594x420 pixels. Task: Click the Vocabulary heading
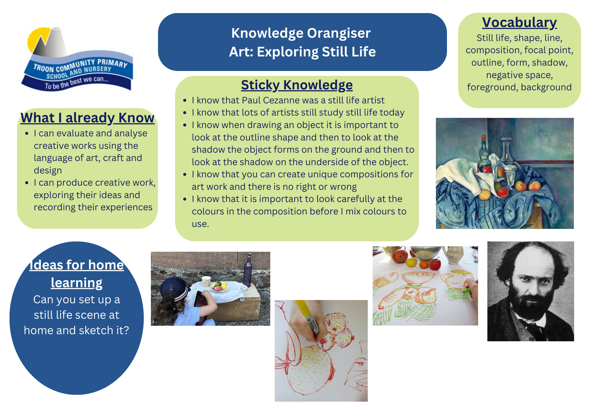pos(519,23)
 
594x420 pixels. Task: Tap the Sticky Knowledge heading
pos(297,85)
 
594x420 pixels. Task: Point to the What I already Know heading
pos(87,118)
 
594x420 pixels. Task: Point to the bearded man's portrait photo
pos(530,291)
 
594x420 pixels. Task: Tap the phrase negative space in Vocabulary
pos(519,75)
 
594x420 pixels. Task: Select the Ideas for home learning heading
pos(77,274)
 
